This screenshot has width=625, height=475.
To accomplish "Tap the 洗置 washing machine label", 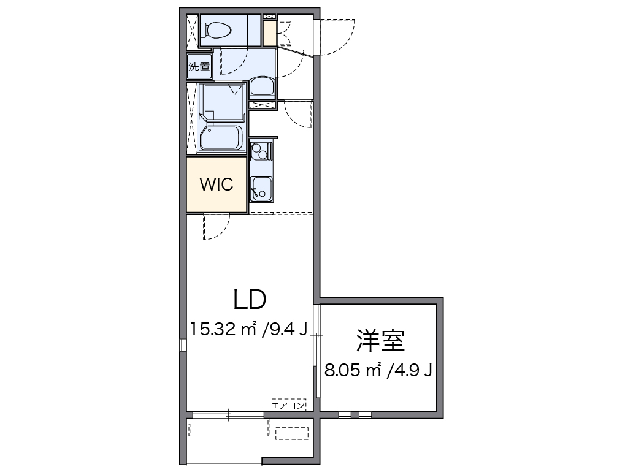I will (199, 67).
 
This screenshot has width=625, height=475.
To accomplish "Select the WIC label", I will (217, 184).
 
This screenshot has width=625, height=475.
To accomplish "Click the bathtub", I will (220, 138).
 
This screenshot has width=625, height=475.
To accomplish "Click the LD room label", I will (249, 299).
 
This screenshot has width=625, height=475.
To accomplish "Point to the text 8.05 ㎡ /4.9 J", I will (379, 370).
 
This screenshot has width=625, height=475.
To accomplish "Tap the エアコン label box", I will (288, 404).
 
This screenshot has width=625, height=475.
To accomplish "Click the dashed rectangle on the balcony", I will (292, 433).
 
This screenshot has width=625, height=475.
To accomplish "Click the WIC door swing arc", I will (217, 228).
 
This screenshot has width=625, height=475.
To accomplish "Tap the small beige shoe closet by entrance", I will (269, 34).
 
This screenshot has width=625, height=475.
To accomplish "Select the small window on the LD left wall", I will (182, 344).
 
